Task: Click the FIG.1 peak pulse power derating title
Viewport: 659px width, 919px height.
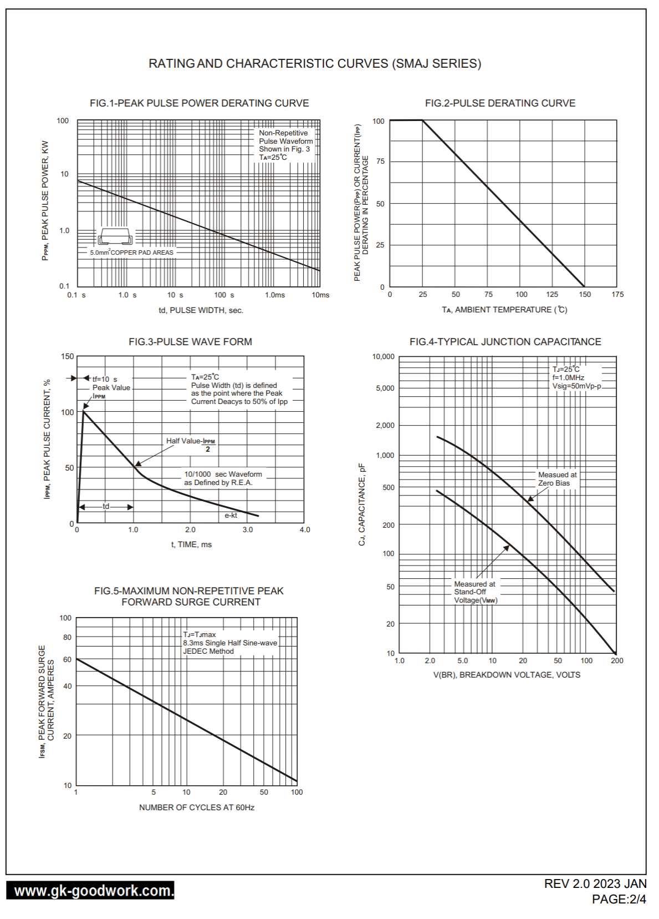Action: (199, 103)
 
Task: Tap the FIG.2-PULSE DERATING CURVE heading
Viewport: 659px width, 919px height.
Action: (500, 103)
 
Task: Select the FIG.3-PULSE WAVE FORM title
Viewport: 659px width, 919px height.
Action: (190, 342)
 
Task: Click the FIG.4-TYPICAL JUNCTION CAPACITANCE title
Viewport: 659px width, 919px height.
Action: (505, 342)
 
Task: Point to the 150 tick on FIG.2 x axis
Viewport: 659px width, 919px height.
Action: (585, 295)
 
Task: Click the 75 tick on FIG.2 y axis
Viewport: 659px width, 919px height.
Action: (380, 161)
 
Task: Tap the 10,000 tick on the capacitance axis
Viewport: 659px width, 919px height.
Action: (383, 357)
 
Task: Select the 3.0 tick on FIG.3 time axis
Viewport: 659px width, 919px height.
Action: (247, 530)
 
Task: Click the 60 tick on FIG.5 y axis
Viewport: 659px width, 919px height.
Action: (67, 660)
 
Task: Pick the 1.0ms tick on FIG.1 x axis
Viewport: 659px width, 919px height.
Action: (275, 295)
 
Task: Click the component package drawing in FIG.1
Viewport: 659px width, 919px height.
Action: (115, 237)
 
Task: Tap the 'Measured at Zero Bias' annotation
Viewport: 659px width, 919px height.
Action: (556, 479)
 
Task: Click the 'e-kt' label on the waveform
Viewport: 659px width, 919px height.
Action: (231, 516)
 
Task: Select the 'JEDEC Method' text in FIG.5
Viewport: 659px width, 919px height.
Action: (208, 652)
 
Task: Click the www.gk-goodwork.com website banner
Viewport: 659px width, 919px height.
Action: (90, 891)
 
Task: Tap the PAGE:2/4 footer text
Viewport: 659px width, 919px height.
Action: (619, 900)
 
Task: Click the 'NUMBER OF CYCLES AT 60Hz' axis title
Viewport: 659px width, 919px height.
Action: (196, 807)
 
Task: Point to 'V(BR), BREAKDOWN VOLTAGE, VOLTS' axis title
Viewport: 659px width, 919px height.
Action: (507, 675)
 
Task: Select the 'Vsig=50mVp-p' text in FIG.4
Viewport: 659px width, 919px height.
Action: (576, 386)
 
